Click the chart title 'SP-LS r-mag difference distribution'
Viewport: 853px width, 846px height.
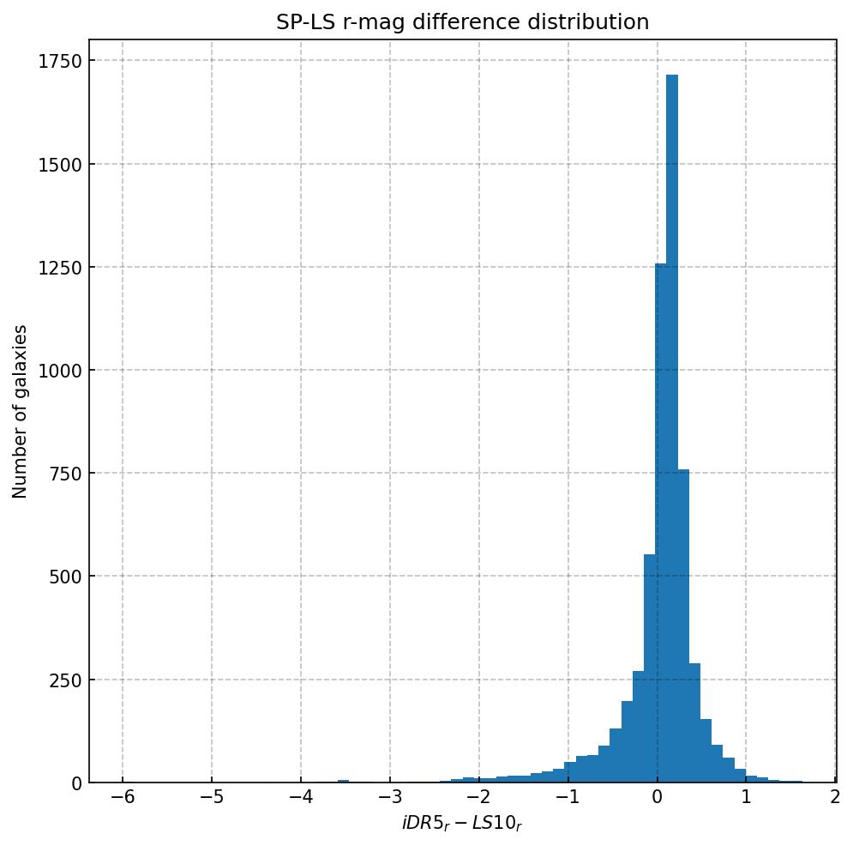click(462, 22)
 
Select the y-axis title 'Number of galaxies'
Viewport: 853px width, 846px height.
click(21, 411)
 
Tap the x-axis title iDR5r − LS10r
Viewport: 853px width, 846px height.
click(462, 825)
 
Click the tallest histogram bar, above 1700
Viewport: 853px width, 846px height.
click(672, 429)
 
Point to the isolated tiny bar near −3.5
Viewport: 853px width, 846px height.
click(343, 781)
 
